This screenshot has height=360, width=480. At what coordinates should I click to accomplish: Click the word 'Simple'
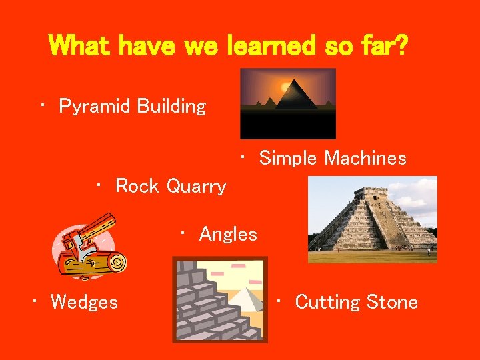pos(289,158)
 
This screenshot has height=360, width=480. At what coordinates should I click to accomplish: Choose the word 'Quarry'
pos(196,186)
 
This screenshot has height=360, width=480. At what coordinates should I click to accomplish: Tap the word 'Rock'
pos(137,186)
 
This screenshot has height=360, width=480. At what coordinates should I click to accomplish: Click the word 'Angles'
pos(228,234)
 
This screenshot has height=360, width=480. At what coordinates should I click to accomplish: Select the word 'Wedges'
pos(84,302)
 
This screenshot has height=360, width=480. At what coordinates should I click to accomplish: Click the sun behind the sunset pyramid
pos(286,86)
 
